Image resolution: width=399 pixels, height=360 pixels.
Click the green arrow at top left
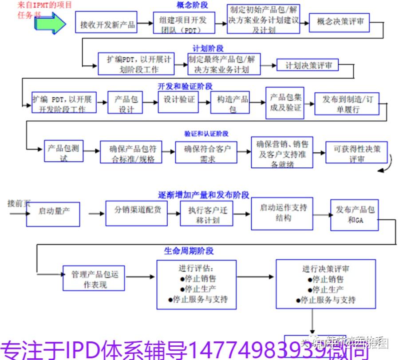[49, 23]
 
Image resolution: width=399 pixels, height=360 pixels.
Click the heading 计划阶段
[208, 48]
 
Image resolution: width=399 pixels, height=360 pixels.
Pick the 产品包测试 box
[63, 152]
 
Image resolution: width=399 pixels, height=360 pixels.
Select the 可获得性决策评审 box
[356, 154]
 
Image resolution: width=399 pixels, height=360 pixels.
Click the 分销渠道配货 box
[136, 210]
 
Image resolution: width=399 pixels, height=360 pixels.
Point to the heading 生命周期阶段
[189, 251]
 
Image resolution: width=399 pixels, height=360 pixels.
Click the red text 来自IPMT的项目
[44, 5]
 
